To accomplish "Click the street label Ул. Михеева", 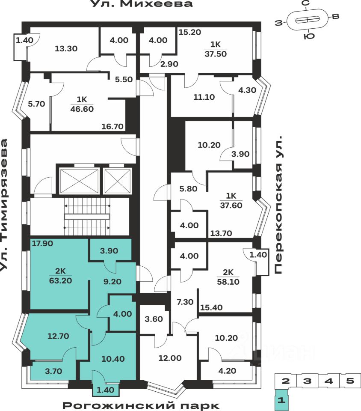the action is tap(142, 4).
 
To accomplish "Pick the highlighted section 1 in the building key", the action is tap(281, 401).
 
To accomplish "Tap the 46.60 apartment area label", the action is tap(82, 109).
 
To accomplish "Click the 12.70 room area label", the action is tap(58, 336).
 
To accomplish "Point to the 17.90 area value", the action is tap(41, 244).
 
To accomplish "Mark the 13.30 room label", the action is tap(66, 48).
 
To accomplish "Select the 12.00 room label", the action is tap(170, 358).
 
